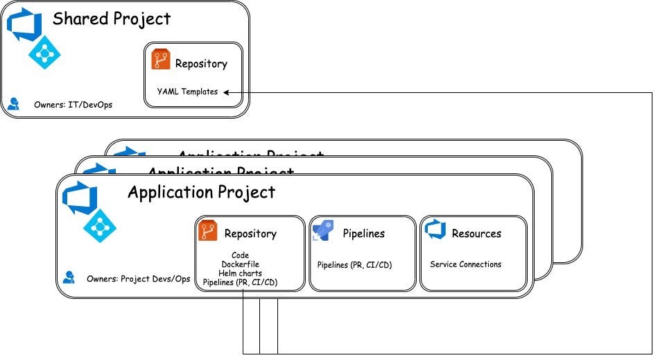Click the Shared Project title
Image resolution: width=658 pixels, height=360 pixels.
(112, 19)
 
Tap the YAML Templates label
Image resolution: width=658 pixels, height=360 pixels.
(187, 92)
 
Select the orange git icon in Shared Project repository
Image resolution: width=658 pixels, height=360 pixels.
(161, 60)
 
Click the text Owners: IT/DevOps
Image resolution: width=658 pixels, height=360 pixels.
(73, 105)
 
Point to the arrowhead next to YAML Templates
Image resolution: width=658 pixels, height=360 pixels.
(227, 92)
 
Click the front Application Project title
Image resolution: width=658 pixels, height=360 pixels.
(201, 192)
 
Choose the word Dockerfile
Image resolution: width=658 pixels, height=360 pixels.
(240, 264)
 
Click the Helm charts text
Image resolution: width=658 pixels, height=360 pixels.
(240, 273)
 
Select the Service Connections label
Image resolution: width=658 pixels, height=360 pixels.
(465, 264)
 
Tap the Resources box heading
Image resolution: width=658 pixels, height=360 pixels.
(476, 234)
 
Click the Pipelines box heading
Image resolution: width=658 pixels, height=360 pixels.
(363, 234)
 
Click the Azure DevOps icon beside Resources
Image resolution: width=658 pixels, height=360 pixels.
(435, 230)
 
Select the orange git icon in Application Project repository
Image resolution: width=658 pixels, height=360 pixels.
(208, 231)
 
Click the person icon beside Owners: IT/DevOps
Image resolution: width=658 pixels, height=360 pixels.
(14, 104)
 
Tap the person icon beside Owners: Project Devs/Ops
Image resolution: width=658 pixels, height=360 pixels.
(69, 277)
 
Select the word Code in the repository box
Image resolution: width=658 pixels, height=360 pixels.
(240, 255)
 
